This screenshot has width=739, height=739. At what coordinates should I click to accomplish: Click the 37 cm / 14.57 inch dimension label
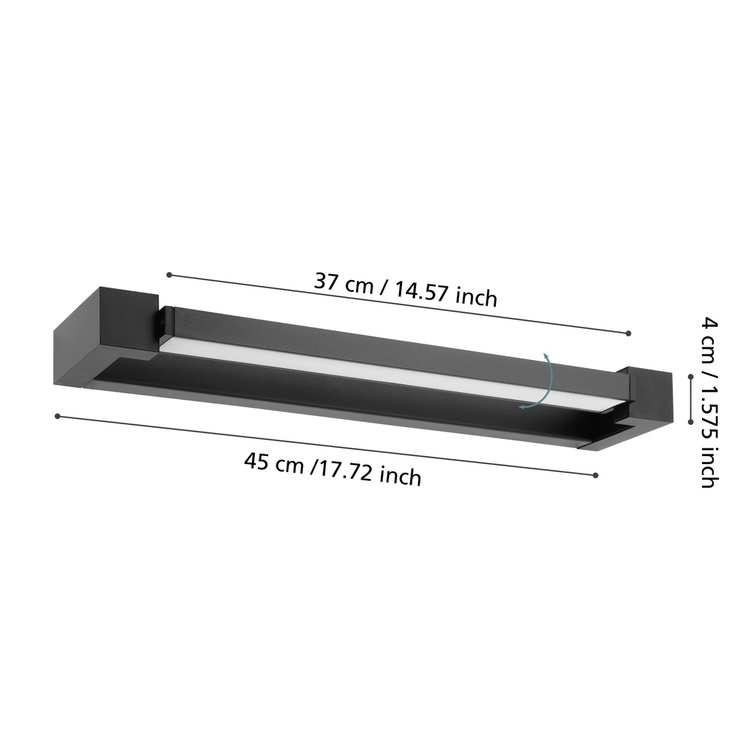406,289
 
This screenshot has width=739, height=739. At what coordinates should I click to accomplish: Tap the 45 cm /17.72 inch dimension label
333,469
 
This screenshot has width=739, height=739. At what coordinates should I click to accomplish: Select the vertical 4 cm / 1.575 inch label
707,402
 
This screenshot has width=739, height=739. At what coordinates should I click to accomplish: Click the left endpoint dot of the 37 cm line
169,275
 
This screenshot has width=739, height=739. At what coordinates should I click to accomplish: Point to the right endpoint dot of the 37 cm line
628,334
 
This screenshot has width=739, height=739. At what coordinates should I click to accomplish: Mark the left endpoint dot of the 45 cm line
57,416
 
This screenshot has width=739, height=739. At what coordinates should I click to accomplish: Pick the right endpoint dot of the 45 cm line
596,475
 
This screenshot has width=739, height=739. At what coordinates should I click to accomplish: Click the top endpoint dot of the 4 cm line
690,376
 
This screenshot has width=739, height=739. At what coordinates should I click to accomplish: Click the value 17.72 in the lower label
347,471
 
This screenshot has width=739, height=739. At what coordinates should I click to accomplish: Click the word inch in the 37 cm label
476,298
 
